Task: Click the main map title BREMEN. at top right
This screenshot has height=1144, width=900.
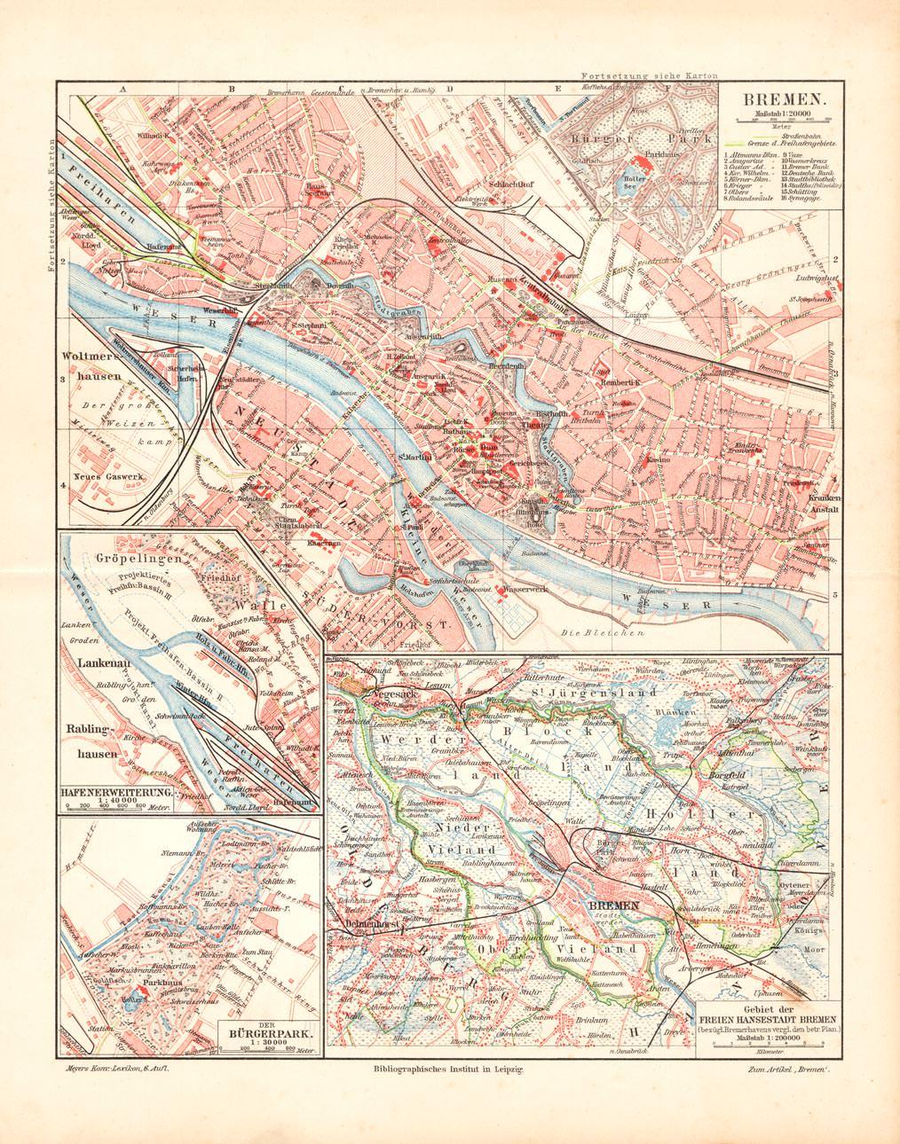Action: pyautogui.click(x=778, y=101)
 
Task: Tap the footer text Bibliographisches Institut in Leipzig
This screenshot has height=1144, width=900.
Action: pyautogui.click(x=449, y=1070)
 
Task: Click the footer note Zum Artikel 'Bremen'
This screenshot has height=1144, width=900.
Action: pyautogui.click(x=786, y=1070)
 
